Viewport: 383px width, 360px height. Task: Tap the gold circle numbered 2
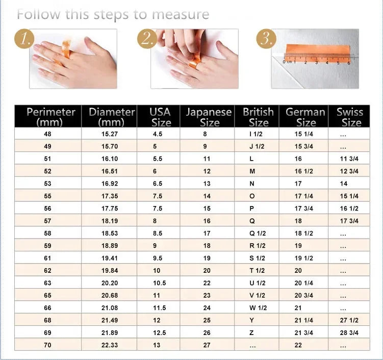pyautogui.click(x=146, y=39)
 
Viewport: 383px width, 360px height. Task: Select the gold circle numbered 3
pyautogui.click(x=266, y=38)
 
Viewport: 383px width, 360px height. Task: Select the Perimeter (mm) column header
pyautogui.click(x=50, y=117)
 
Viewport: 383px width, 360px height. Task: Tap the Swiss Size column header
pyautogui.click(x=350, y=117)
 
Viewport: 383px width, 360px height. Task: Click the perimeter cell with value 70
pyautogui.click(x=48, y=345)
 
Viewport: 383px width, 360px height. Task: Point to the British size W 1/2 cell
pyautogui.click(x=258, y=308)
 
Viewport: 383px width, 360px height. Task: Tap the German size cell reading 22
pyautogui.click(x=298, y=345)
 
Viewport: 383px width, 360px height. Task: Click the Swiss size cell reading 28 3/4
pyautogui.click(x=349, y=333)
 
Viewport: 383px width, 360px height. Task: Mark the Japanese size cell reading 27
pyautogui.click(x=207, y=345)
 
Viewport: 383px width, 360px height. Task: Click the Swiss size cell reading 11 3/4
pyautogui.click(x=349, y=159)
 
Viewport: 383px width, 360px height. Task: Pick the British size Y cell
pyautogui.click(x=251, y=320)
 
